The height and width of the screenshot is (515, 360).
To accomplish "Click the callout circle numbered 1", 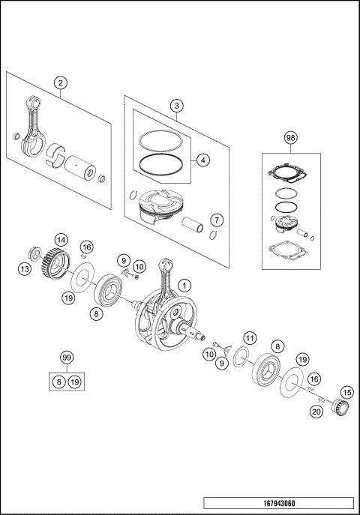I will pos(186,285).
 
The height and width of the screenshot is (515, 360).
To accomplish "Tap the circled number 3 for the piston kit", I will pos(175,106).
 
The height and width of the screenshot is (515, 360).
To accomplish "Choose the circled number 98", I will pos(291,138).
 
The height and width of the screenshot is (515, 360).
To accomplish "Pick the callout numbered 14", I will pos(61,240).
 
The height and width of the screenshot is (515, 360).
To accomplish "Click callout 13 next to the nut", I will pos(25,268).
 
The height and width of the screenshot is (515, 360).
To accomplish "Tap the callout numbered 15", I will pos(346,392).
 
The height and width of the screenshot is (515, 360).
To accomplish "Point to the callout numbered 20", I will pos(316,411).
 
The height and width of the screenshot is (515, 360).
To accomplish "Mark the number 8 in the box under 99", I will pos(59,382).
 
